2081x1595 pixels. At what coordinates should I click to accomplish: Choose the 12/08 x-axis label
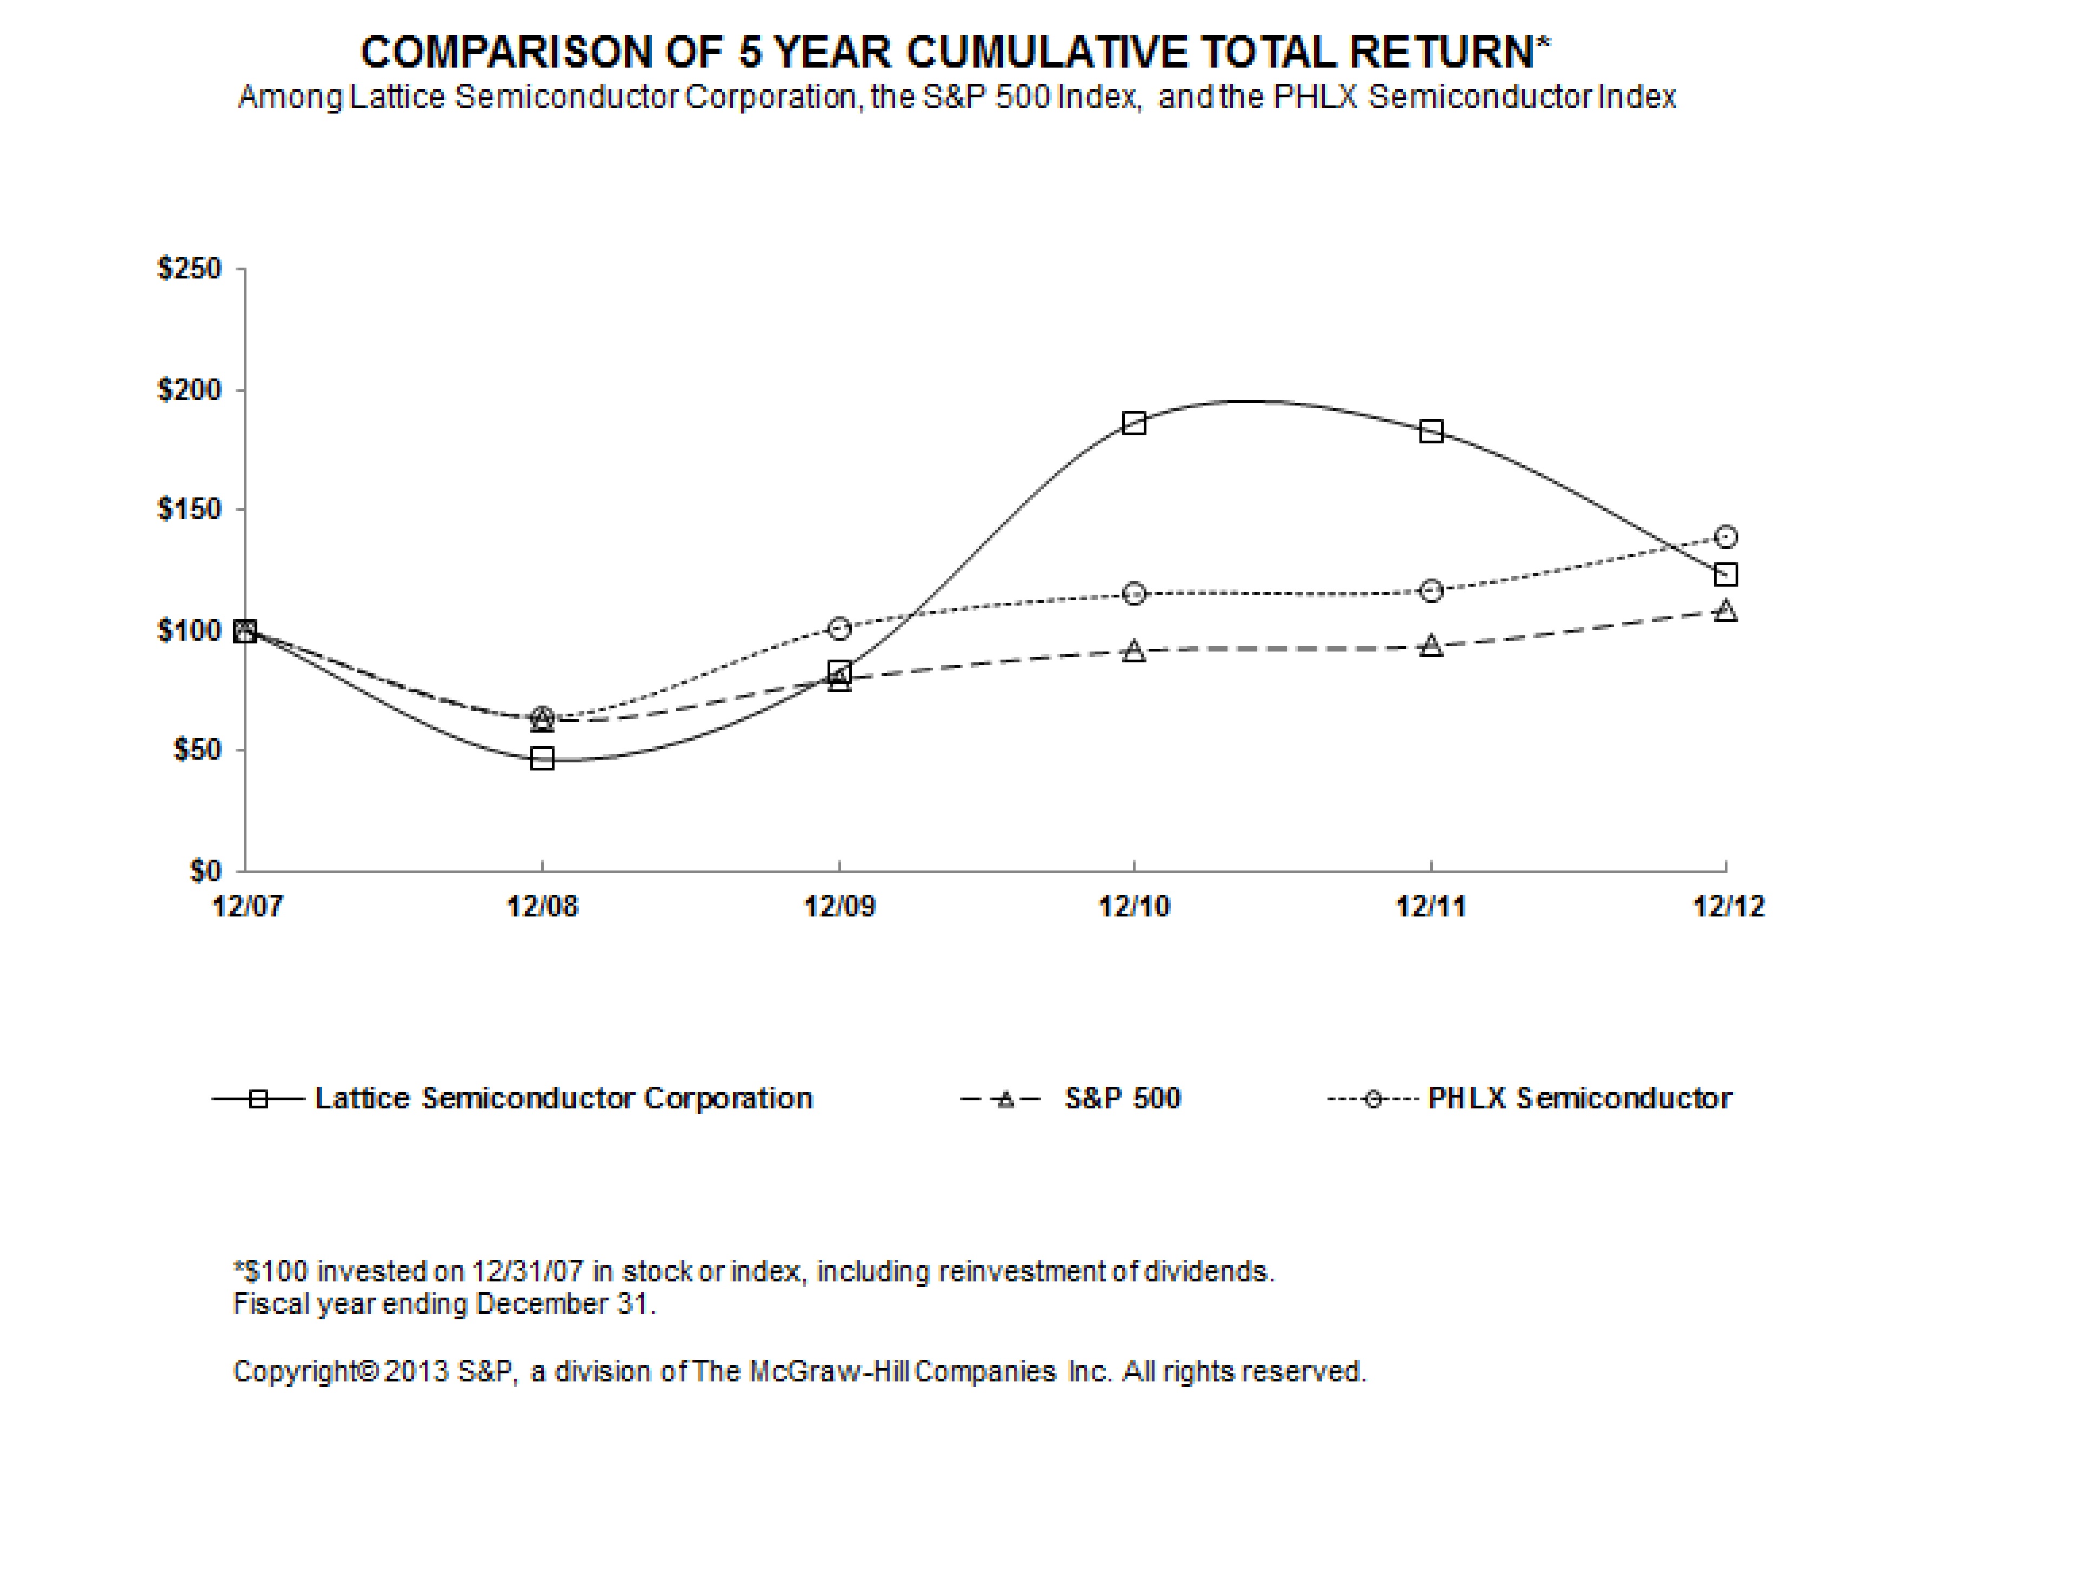click(542, 907)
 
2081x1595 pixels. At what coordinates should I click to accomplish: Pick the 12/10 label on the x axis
click(1134, 907)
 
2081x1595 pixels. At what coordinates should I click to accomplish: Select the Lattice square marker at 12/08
click(542, 759)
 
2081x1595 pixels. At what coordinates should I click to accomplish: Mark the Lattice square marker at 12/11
click(1431, 431)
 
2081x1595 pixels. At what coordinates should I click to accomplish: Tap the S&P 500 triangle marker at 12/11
click(1431, 647)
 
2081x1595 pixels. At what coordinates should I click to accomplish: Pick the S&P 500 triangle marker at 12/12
click(1726, 610)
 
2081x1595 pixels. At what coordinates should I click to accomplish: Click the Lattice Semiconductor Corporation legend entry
click(563, 1099)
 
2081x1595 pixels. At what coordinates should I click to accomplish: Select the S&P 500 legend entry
click(1122, 1099)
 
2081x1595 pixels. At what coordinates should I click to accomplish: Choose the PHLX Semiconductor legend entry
click(1579, 1099)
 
